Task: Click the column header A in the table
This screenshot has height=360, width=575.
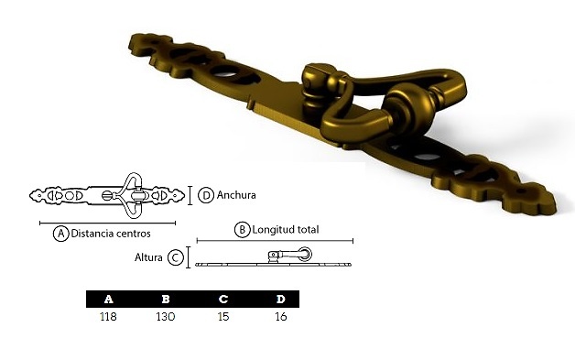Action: [x=109, y=299]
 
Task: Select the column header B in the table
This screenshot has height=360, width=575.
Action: [x=166, y=299]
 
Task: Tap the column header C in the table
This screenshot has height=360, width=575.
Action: [x=223, y=299]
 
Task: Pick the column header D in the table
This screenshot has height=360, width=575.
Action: [x=281, y=299]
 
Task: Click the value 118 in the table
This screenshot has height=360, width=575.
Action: [x=108, y=316]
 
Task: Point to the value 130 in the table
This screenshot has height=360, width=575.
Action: [x=166, y=316]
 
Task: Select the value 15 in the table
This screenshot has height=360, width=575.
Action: [x=223, y=316]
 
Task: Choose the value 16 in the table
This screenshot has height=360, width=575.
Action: [x=280, y=316]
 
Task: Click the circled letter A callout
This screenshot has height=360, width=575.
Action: [x=60, y=234]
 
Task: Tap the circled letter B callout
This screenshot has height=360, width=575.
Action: [x=242, y=230]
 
